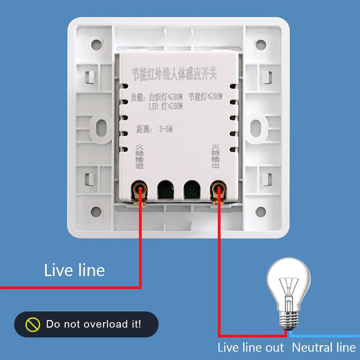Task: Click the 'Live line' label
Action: [x=74, y=270]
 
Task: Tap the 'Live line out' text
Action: [x=251, y=347]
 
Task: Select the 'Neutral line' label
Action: [x=323, y=347]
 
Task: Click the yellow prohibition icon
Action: [x=32, y=324]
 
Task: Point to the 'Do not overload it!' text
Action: [x=94, y=324]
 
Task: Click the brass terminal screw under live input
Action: [x=140, y=189]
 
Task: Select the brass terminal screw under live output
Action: [x=217, y=189]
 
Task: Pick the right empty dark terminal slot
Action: [x=192, y=189]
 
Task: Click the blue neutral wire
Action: [x=324, y=336]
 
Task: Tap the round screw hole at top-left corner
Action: [x=96, y=45]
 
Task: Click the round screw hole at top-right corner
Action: [x=260, y=45]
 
